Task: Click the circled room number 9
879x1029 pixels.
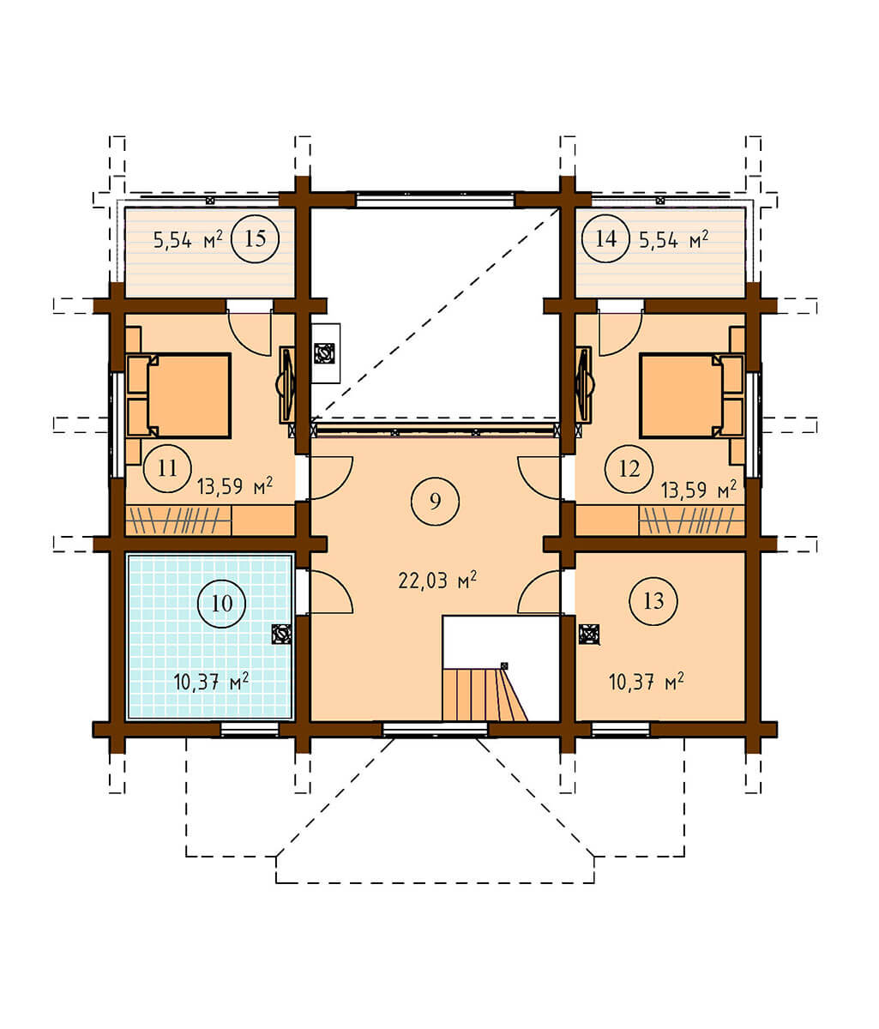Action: coord(435,501)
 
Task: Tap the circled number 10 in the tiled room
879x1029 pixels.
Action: coord(222,604)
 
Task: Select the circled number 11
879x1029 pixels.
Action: coord(167,468)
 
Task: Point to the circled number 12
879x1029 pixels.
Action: coord(629,468)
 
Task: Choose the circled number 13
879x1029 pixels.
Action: coord(653,601)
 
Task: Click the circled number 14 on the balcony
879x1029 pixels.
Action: coord(605,238)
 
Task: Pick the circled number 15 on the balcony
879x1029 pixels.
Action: coord(256,238)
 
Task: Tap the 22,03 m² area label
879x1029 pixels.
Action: coord(437,580)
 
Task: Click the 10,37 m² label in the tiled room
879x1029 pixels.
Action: coord(211,682)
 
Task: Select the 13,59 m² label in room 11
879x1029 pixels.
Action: coord(234,485)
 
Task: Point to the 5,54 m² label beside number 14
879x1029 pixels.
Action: coord(673,240)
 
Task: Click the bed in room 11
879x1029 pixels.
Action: coord(178,396)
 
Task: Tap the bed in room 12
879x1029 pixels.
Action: coord(692,396)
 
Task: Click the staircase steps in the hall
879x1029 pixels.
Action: coord(485,695)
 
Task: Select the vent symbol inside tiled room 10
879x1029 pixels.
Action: coord(280,635)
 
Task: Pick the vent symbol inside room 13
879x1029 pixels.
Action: coord(589,635)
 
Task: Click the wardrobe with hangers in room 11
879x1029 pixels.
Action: coord(178,521)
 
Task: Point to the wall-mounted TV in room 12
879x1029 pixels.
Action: coord(584,385)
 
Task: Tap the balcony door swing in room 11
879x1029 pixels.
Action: coord(250,332)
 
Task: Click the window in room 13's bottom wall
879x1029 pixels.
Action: coord(620,729)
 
